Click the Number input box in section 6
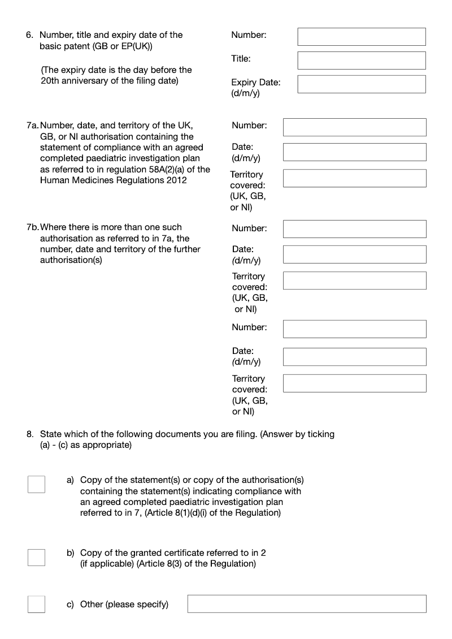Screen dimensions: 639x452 (x=362, y=37)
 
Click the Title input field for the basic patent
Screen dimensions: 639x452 (x=362, y=61)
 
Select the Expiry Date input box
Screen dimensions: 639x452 (x=362, y=84)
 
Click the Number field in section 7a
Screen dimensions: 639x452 (x=354, y=127)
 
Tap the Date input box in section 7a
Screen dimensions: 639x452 (x=354, y=152)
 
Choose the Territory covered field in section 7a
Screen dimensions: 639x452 (x=354, y=178)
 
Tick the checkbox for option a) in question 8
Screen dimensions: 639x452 (x=37, y=484)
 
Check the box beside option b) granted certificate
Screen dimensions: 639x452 (x=37, y=557)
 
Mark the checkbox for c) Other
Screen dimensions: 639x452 (x=37, y=604)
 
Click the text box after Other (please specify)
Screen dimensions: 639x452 (x=307, y=604)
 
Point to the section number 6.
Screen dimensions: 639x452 (x=29, y=35)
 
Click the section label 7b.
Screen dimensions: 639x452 (x=33, y=227)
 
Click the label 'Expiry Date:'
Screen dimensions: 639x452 (x=255, y=83)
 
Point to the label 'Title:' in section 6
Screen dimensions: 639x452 (x=241, y=59)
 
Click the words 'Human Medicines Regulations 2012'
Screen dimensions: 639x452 (x=113, y=180)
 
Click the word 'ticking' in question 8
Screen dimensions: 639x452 (x=320, y=434)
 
